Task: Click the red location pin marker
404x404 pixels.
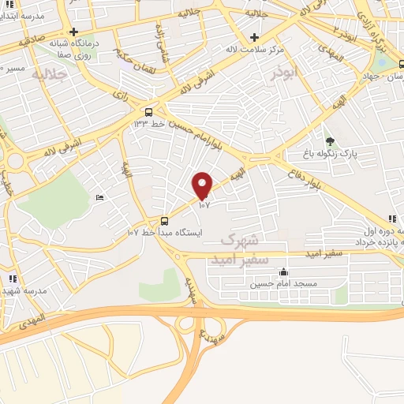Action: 203,185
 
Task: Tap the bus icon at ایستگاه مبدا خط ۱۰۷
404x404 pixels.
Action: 164,221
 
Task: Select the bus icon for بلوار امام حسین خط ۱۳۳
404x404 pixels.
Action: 148,111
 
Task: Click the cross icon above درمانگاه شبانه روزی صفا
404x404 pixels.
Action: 73,32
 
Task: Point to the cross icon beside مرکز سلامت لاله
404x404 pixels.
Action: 253,37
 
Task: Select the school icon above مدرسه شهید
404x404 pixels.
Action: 12,279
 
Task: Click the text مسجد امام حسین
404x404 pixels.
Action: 283,282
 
